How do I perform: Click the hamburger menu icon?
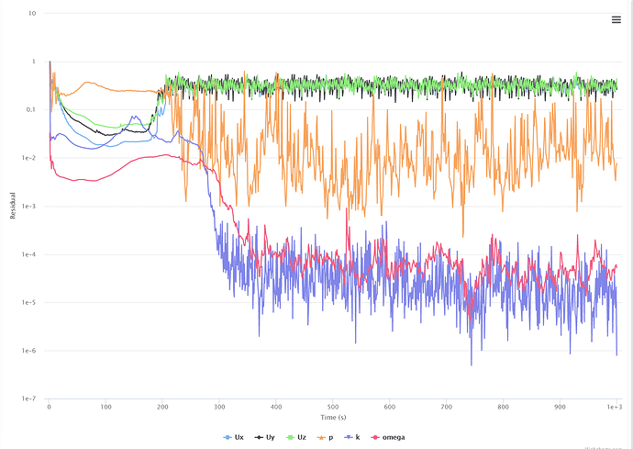[x=616, y=20]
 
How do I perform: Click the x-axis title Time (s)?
[x=332, y=418]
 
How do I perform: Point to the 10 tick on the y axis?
[x=32, y=14]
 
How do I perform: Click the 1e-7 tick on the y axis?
[x=28, y=399]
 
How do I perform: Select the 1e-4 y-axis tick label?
[x=28, y=254]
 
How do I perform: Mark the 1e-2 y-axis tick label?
[x=28, y=158]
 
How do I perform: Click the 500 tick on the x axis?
[x=332, y=406]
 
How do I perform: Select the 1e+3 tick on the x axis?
[x=615, y=406]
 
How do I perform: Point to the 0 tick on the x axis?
[x=49, y=406]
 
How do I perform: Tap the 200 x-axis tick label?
[x=162, y=406]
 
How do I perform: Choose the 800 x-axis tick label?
[x=503, y=406]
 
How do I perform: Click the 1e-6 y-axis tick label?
[x=28, y=351]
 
